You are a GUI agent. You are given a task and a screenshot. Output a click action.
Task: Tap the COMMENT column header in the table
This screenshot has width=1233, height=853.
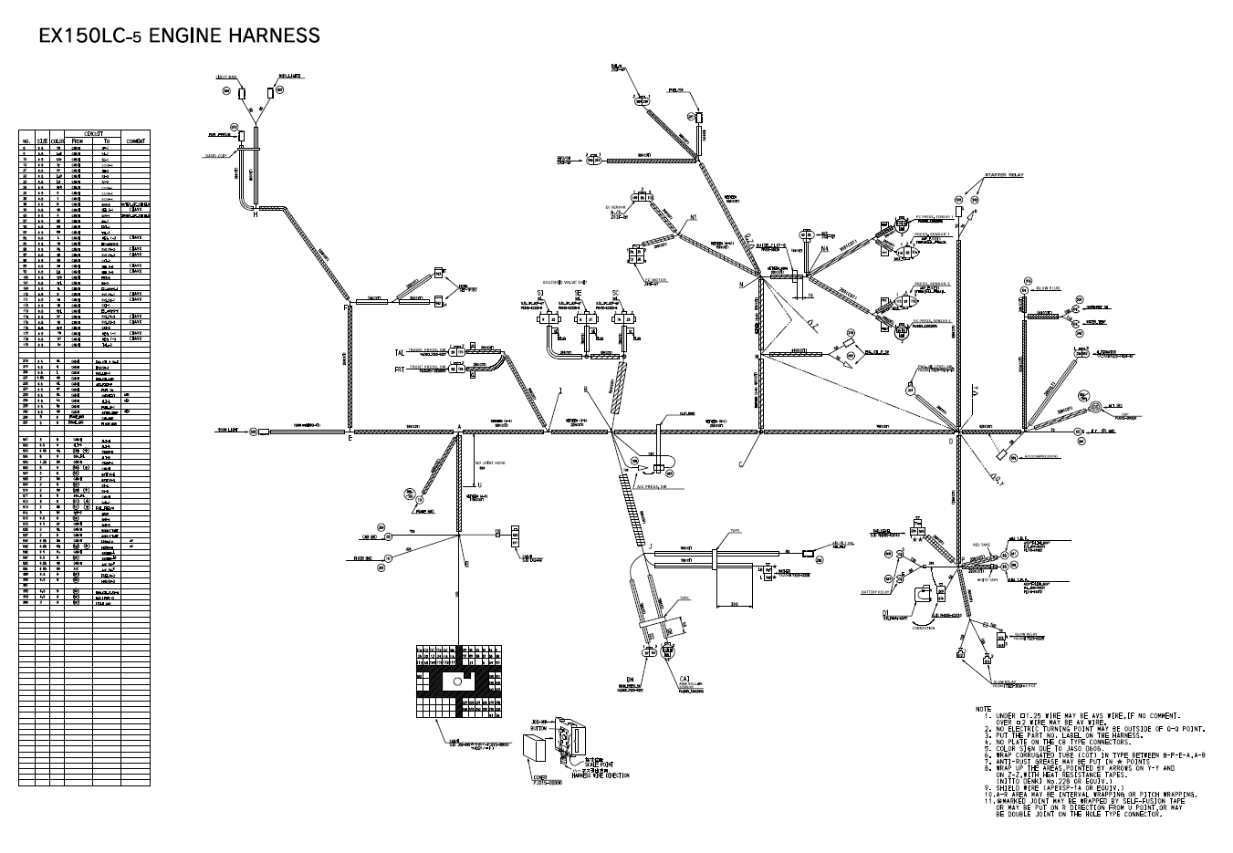tap(135, 141)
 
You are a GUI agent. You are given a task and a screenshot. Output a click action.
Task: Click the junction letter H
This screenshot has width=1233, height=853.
tap(256, 215)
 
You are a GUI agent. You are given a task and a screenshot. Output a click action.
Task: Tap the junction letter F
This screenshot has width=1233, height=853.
tap(345, 308)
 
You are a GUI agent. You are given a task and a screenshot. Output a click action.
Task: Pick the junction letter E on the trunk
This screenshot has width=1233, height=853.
tap(350, 439)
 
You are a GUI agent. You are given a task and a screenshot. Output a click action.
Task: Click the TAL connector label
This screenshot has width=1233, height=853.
tap(399, 352)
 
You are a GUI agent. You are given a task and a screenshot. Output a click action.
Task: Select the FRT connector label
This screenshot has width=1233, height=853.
tap(399, 369)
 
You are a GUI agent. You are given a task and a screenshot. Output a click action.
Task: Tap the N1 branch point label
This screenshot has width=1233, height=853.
tap(693, 218)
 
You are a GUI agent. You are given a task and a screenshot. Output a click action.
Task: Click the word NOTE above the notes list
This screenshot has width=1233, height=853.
tap(983, 709)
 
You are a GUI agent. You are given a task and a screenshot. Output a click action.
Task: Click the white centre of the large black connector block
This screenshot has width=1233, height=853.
tap(455, 681)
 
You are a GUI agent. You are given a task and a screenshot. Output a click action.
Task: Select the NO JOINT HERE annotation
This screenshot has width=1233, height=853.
tap(490, 463)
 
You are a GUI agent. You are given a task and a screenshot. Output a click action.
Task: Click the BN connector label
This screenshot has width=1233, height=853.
tap(629, 680)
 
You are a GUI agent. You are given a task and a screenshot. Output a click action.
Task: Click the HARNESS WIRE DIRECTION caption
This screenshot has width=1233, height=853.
tap(600, 775)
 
